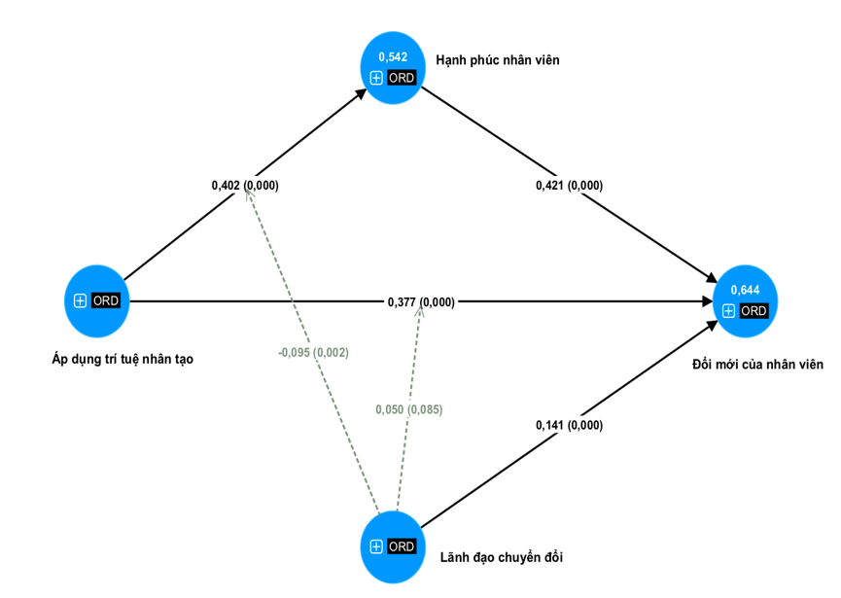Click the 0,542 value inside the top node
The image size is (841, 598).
coord(393,57)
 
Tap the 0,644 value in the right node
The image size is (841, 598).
coord(745,290)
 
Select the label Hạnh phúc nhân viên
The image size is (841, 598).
coord(497,60)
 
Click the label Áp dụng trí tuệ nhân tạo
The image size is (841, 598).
coord(123,359)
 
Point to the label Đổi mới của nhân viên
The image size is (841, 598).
coord(757,365)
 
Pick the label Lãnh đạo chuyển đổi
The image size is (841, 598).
coord(501,557)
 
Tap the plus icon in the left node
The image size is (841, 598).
coord(81,301)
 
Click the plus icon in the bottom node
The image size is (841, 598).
coord(376,546)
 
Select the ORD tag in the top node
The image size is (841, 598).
coord(402,78)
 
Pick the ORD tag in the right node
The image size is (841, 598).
coord(753,311)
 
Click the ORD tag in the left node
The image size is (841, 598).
coord(106,301)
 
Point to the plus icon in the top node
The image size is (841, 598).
coord(376,78)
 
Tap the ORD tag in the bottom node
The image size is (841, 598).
coord(402,546)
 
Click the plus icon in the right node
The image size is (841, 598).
coord(728,311)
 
